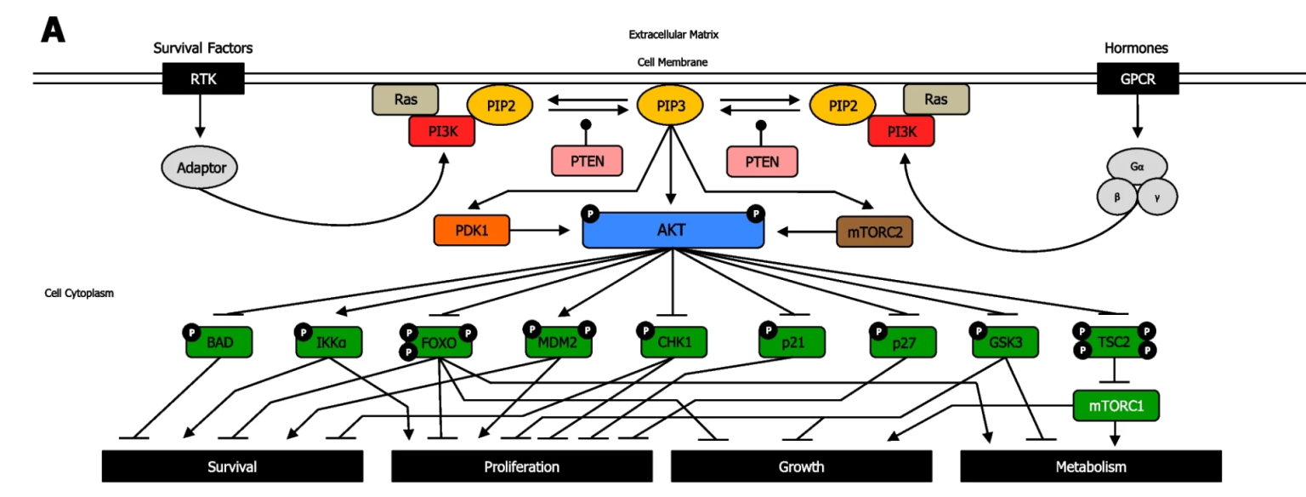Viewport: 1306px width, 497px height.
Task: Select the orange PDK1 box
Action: [471, 231]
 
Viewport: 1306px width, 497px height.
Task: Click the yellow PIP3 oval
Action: [671, 106]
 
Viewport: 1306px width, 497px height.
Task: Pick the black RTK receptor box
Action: [202, 80]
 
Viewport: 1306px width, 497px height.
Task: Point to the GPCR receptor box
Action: [1138, 80]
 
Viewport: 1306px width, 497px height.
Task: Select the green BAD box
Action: [220, 343]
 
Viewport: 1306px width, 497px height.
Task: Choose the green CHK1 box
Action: [674, 343]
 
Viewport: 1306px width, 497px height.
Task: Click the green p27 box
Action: [902, 343]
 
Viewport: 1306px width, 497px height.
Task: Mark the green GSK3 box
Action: [1006, 343]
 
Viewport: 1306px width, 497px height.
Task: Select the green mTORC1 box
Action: [1116, 406]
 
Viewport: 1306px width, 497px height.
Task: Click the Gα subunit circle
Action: [1137, 167]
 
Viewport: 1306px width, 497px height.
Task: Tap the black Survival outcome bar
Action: [232, 466]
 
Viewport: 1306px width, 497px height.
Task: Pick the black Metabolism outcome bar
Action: [1091, 466]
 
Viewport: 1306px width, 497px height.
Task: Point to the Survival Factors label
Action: [202, 49]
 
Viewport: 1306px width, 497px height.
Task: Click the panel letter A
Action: [53, 31]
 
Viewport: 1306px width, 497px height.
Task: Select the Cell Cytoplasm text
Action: [79, 293]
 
